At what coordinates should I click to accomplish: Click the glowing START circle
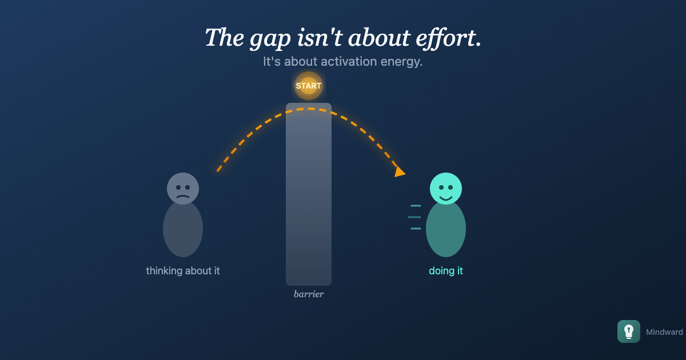(x=308, y=86)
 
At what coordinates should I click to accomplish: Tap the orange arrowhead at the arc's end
(x=400, y=172)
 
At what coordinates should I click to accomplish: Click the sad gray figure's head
(x=183, y=188)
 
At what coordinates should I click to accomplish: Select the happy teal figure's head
(x=445, y=188)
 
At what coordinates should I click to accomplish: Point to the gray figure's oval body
(x=183, y=229)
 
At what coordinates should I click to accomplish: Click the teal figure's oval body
(x=445, y=229)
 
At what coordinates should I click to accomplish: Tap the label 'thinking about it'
(x=183, y=271)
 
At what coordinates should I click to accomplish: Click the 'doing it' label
(x=445, y=271)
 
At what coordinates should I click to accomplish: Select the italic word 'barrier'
(x=308, y=294)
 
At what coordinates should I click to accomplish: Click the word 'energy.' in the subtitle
(x=401, y=62)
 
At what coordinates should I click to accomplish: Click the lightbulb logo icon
(x=628, y=331)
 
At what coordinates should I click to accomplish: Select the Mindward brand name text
(x=664, y=332)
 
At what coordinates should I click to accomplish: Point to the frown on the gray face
(x=183, y=197)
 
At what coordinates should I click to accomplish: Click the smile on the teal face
(x=445, y=198)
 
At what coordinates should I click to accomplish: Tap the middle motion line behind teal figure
(x=414, y=217)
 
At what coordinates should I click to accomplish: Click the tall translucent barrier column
(x=308, y=194)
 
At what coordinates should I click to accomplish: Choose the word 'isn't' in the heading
(x=320, y=38)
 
